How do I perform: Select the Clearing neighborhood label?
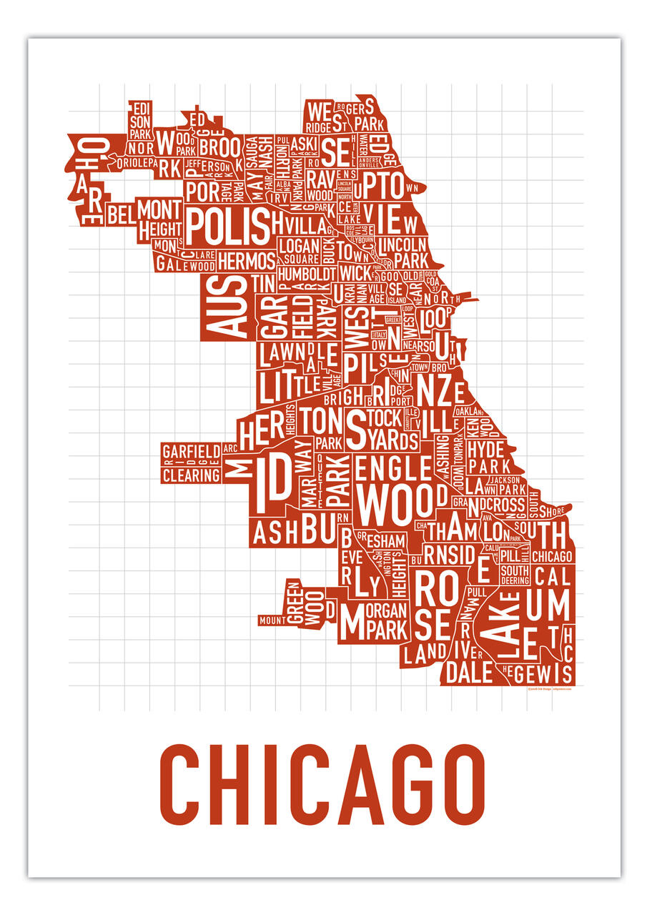[x=190, y=475]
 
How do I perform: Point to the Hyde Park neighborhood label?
[x=485, y=457]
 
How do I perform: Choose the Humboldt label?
[x=307, y=273]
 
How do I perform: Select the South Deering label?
[x=514, y=575]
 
